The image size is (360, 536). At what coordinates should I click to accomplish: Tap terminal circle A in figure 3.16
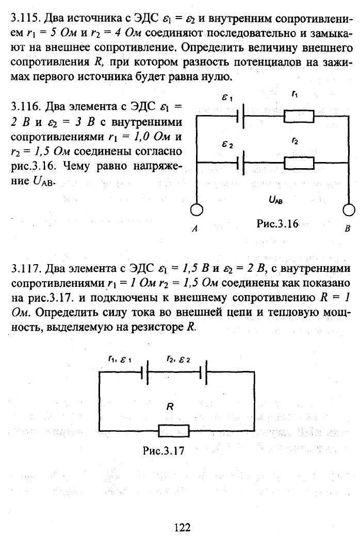(196, 210)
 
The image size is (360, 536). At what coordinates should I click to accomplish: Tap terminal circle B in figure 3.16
(348, 210)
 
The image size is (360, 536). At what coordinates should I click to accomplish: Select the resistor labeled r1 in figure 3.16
(299, 116)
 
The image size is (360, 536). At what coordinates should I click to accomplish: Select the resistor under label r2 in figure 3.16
(299, 163)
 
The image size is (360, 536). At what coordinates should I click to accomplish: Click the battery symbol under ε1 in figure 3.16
(240, 116)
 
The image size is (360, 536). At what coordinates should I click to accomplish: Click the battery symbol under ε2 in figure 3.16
(240, 163)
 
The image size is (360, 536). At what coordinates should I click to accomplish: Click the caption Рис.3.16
(277, 224)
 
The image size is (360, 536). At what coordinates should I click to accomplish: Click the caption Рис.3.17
(163, 450)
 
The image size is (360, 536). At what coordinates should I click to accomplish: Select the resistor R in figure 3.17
(174, 430)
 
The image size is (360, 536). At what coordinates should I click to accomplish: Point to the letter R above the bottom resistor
(170, 407)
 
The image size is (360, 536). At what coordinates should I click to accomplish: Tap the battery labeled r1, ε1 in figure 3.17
(144, 372)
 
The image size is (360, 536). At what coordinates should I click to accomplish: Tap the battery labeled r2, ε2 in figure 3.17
(203, 372)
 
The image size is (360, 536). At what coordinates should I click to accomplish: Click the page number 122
(182, 527)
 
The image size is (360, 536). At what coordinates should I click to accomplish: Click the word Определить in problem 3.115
(211, 47)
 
